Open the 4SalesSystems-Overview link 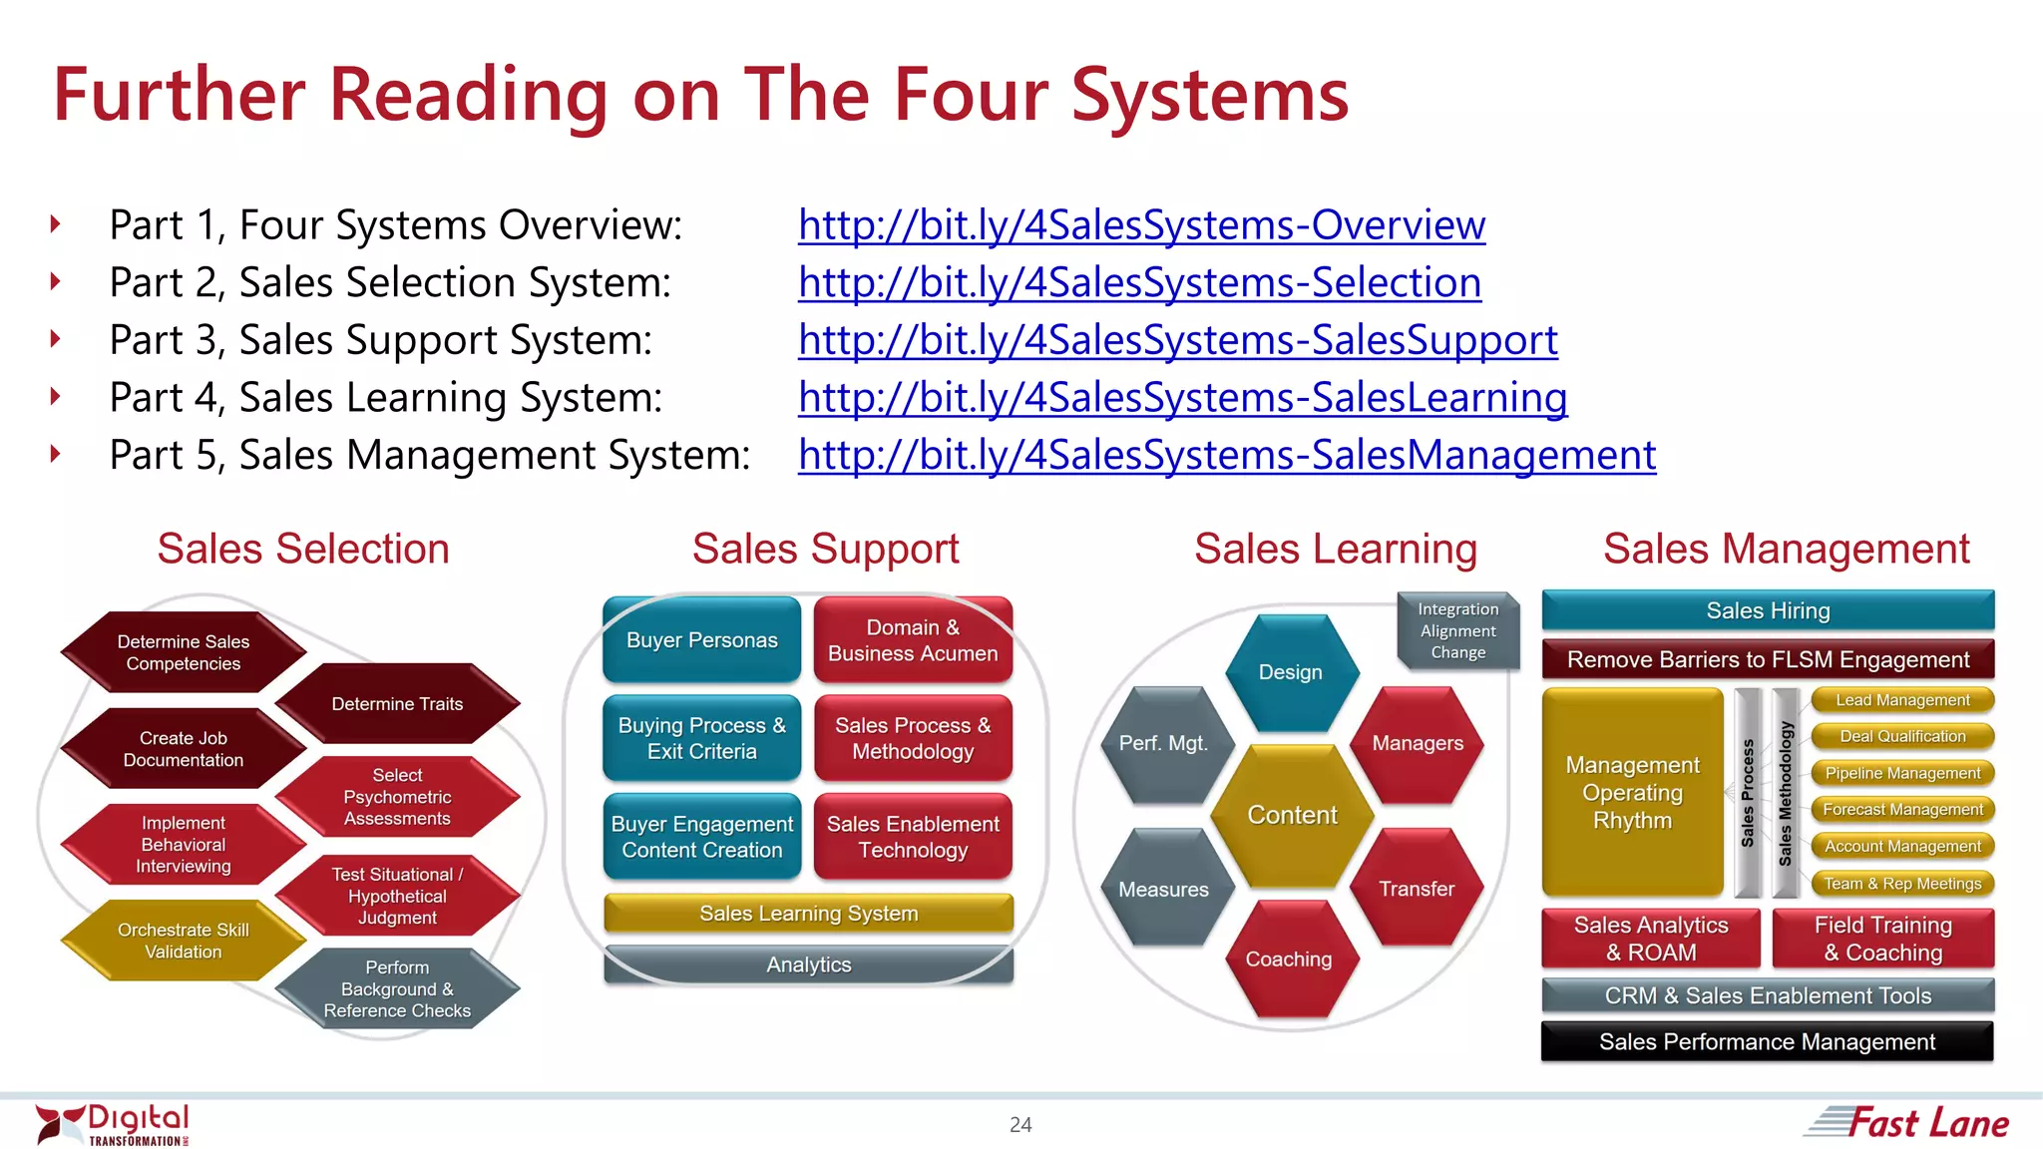pos(1141,225)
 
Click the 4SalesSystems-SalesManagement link pos(1227,456)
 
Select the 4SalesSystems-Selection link pos(1139,283)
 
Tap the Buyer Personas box pos(701,640)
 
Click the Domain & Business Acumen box pos(913,640)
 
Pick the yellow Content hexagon pos(1292,815)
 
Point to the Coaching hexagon pos(1288,958)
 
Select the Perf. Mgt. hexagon pos(1163,743)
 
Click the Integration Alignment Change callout pos(1457,630)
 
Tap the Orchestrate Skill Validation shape pos(183,941)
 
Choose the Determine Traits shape pos(397,704)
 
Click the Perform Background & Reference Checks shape pos(397,988)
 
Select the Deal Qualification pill pos(1902,736)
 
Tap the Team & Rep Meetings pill pos(1902,884)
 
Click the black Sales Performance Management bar pos(1767,1041)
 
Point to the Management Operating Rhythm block pos(1632,793)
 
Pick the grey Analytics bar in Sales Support pos(808,964)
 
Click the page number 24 pos(1021,1125)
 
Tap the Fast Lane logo pos(1907,1123)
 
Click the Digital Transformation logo pos(113,1125)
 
